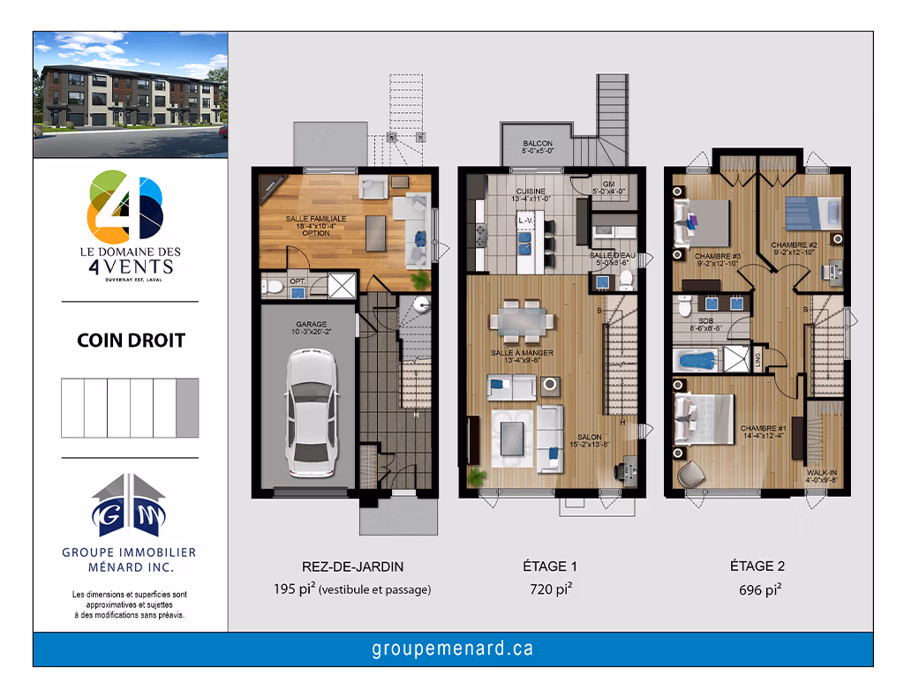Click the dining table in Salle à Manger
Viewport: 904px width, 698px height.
click(x=522, y=319)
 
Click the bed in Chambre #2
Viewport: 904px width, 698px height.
click(x=810, y=212)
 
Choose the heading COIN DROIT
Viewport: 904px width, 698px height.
click(x=130, y=341)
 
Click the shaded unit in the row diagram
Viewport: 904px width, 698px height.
click(x=187, y=408)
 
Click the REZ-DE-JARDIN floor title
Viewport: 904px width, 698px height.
click(x=340, y=567)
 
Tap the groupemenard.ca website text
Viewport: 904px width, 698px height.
click(x=453, y=649)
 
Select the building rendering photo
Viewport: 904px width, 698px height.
click(x=130, y=94)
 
